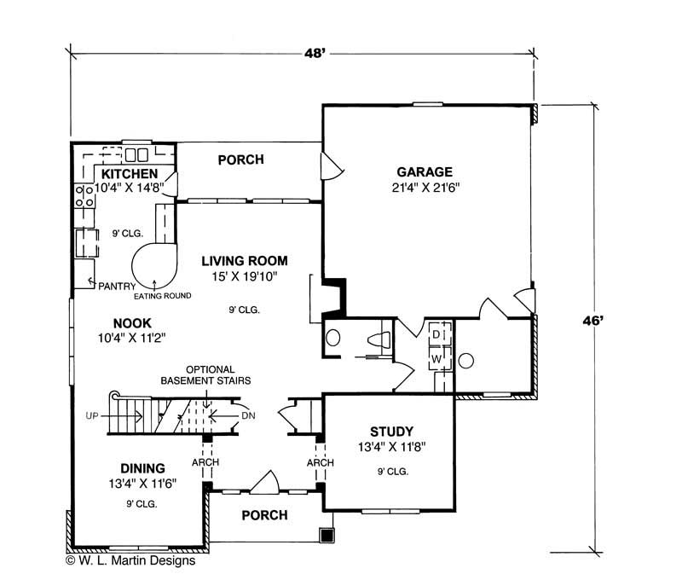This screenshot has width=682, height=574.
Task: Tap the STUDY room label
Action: (392, 430)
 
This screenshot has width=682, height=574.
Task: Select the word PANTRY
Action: (113, 286)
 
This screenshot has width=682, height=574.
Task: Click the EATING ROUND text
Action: (161, 296)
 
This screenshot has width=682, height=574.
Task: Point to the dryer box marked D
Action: (436, 333)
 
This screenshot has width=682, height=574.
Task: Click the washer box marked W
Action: (436, 358)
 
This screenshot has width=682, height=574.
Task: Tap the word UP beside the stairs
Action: (93, 415)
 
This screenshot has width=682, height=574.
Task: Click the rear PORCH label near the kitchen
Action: (240, 159)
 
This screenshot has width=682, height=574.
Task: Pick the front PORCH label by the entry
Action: (264, 515)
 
